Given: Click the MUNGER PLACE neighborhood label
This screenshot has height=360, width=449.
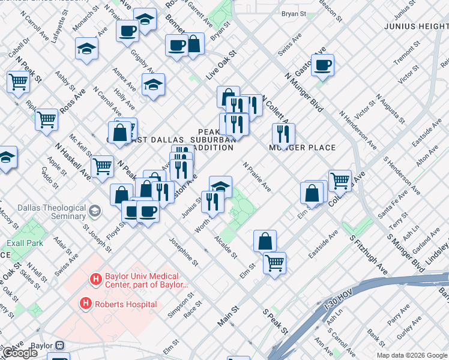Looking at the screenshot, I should pos(302,148).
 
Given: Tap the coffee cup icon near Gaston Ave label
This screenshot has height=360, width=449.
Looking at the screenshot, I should pos(322,65).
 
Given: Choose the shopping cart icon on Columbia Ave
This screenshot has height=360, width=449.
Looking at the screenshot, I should pos(340,179).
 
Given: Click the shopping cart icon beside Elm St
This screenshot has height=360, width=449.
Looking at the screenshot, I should pos(274,262).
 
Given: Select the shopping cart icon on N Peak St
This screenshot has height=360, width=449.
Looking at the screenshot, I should pos(103,165).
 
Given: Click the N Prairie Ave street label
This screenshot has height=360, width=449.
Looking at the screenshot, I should pos(257,177).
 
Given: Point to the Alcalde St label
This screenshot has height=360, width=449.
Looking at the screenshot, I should pos(226,247).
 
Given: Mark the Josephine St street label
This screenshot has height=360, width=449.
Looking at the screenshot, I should pos(183,252).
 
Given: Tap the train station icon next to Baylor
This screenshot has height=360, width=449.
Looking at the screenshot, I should pos(59,346).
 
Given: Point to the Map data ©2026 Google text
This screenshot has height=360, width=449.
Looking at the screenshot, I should pos(412,355).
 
